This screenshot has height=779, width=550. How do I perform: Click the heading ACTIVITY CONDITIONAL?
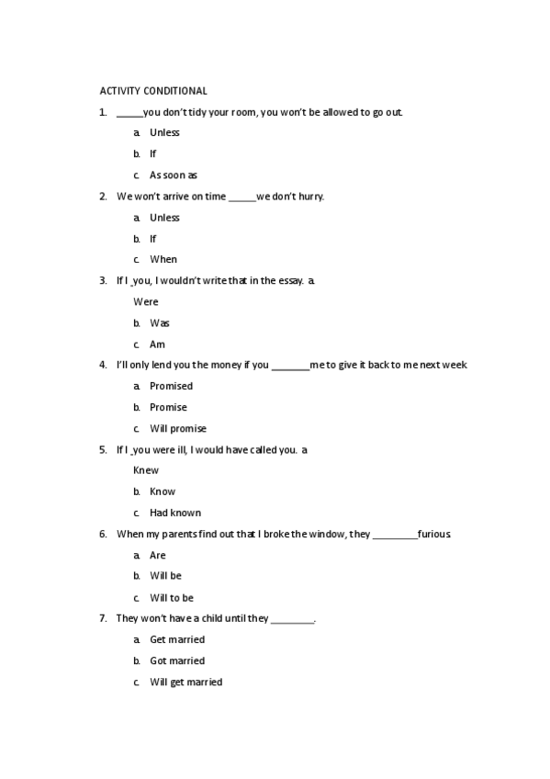[153, 91]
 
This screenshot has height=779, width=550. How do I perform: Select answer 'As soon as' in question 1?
[173, 175]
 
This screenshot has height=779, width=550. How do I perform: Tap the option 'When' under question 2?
[163, 259]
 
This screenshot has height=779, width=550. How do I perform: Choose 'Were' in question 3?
[146, 301]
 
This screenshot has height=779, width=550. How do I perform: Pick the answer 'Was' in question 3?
[159, 322]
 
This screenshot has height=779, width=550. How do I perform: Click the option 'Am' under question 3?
[157, 344]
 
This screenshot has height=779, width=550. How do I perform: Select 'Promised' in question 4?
[171, 386]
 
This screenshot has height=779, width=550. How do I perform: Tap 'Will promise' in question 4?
[177, 428]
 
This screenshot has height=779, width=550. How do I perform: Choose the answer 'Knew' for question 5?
[146, 470]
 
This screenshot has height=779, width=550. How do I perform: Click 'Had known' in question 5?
[174, 513]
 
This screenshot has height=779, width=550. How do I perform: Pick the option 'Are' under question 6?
[157, 555]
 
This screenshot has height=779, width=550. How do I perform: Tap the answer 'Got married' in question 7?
[176, 660]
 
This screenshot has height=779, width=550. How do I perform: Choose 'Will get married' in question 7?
[185, 682]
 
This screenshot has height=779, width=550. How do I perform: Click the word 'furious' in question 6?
[433, 534]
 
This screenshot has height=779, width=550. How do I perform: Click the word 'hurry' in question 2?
[309, 196]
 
